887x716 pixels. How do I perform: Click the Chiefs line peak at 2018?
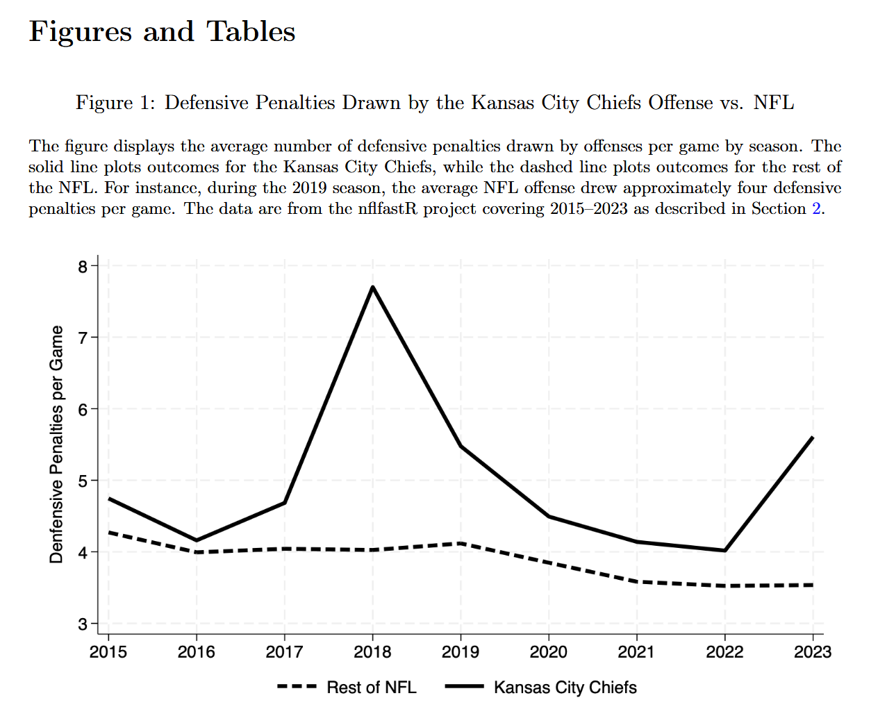(373, 287)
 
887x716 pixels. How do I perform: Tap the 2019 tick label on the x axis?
(461, 652)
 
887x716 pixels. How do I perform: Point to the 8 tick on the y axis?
(83, 267)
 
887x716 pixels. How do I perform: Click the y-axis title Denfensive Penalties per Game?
(56, 444)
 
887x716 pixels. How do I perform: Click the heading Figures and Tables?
(162, 32)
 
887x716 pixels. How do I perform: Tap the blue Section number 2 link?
(816, 209)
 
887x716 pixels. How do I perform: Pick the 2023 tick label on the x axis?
(813, 652)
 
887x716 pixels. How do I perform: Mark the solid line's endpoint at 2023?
(813, 438)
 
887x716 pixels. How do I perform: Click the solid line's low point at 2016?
(197, 540)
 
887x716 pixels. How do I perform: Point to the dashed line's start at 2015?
(109, 533)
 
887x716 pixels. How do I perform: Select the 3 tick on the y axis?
(83, 624)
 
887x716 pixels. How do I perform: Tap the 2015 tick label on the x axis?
(108, 652)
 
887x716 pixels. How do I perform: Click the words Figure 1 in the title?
(114, 103)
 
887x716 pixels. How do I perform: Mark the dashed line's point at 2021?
(637, 581)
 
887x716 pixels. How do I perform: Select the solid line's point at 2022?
(725, 551)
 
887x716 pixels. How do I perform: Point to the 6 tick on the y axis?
(83, 410)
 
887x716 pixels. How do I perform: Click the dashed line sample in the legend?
(297, 687)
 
